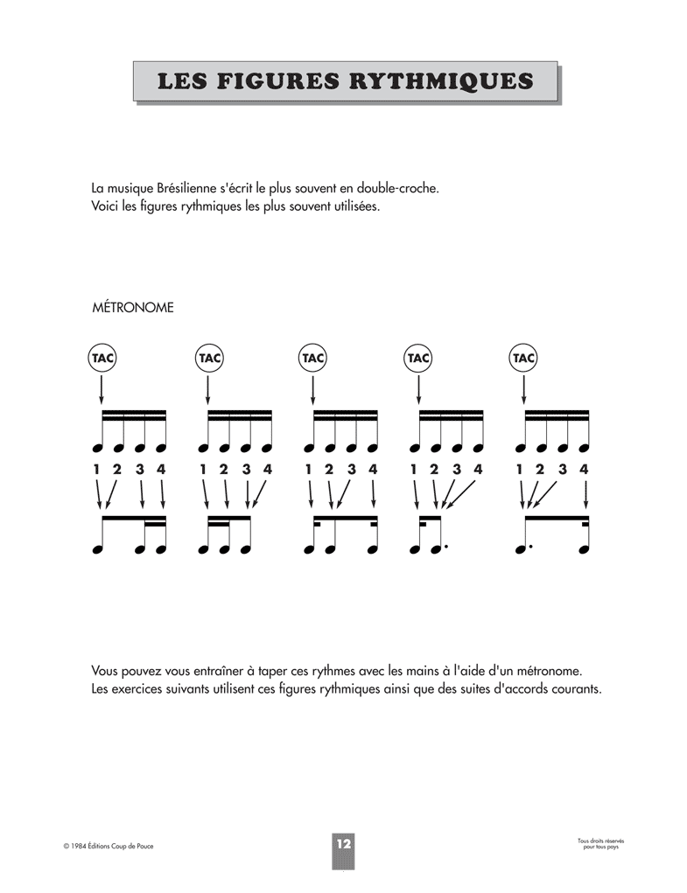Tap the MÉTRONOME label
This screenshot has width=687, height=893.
132,308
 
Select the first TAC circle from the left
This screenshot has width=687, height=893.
102,358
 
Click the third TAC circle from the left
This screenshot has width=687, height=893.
312,358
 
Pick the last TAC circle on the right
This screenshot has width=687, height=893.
522,358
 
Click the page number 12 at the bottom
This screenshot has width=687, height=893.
342,844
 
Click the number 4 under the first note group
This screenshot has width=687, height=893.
161,470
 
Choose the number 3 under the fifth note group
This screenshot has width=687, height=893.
563,470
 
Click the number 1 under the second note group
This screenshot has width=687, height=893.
203,470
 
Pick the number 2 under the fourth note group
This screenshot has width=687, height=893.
434,470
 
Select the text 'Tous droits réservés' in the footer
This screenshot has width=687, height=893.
600,841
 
